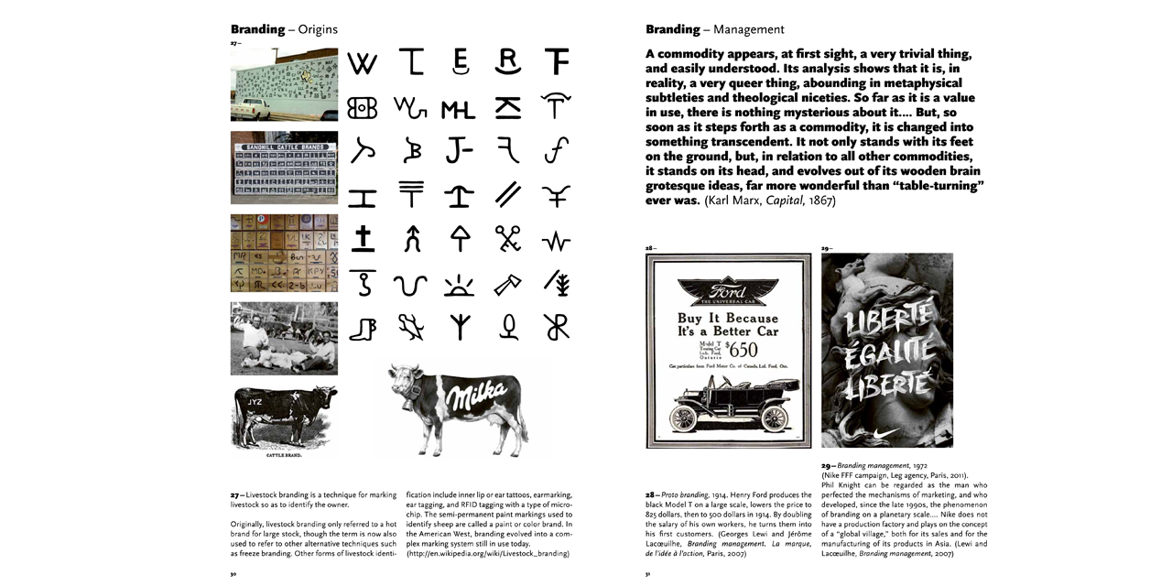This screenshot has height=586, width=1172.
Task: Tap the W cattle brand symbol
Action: (363, 63)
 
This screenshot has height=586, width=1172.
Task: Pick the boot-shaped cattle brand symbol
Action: (363, 327)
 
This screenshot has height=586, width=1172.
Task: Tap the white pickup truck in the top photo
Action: (251, 109)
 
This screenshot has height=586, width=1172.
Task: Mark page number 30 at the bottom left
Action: (234, 575)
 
